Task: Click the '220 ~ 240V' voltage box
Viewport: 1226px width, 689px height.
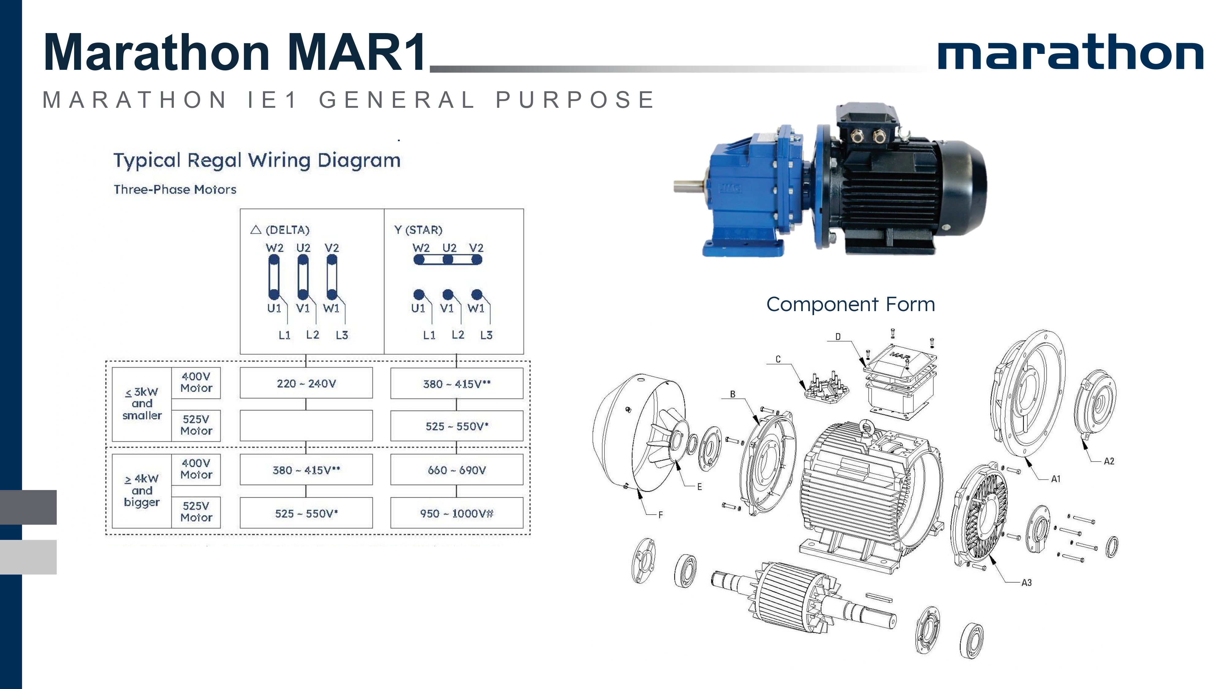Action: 306,383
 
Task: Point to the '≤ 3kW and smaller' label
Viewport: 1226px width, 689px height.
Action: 142,404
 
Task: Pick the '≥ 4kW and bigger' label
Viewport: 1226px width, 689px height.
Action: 142,490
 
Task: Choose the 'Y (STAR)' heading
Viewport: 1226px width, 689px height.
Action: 418,230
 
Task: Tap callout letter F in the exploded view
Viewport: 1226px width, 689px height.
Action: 661,514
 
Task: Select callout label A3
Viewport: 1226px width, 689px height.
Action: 1026,582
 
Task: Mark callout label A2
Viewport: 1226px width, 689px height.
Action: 1109,461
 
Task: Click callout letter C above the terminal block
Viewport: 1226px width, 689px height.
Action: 778,359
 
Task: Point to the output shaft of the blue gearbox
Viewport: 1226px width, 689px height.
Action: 688,186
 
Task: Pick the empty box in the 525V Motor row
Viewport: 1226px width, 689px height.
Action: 306,426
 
